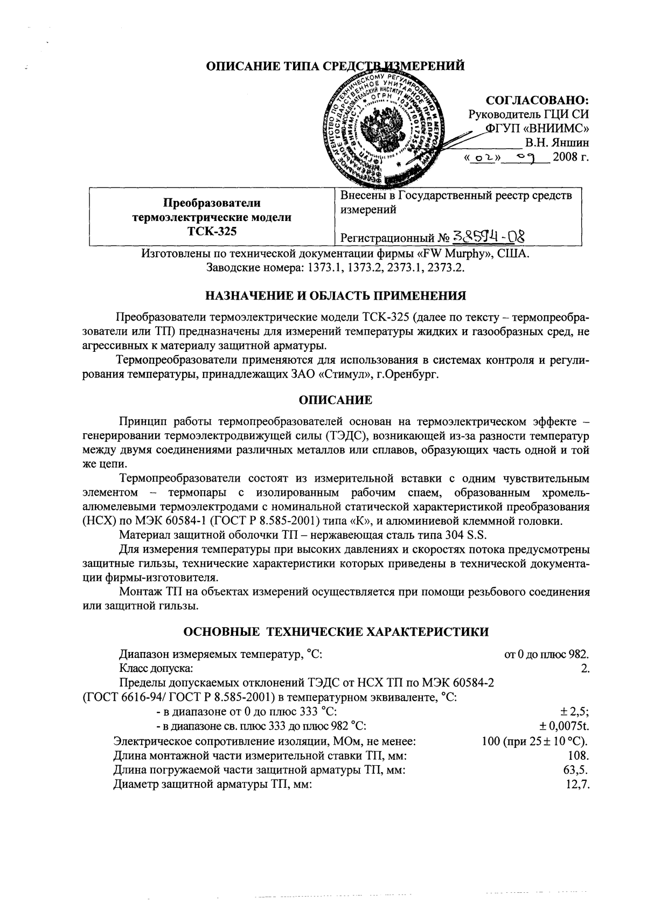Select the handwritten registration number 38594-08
click(x=489, y=236)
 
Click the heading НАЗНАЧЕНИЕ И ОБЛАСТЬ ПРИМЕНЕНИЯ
click(x=336, y=296)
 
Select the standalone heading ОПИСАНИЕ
click(x=335, y=400)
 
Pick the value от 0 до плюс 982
click(x=546, y=655)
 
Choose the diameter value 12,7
click(x=578, y=785)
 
